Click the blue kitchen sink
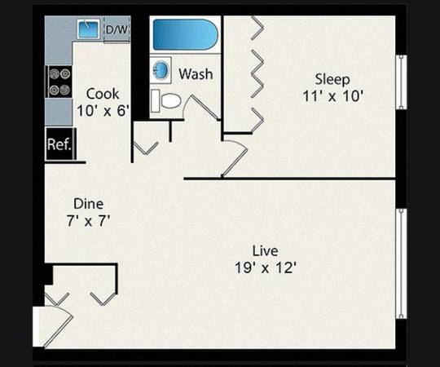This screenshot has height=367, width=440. point(88,29)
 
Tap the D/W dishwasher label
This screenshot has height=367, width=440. point(117,29)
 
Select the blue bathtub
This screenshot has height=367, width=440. point(185,34)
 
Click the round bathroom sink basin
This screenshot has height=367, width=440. point(161,70)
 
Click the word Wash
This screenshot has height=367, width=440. point(196,74)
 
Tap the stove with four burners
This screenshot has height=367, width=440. point(59,82)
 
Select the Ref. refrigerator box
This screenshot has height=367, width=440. point(60,144)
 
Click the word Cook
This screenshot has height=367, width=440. point(103,94)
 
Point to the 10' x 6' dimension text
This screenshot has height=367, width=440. point(103,111)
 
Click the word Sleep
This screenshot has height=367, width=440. point(332,79)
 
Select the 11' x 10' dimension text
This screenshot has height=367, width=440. point(333,96)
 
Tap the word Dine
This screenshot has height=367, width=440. point(88,204)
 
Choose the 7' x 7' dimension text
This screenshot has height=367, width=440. point(88,220)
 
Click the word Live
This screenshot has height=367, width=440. point(265,250)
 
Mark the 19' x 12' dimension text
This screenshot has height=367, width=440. point(266,268)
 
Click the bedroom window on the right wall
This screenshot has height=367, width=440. point(401,82)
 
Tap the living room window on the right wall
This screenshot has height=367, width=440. point(401,263)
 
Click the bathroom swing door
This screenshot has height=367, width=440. point(201,108)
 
